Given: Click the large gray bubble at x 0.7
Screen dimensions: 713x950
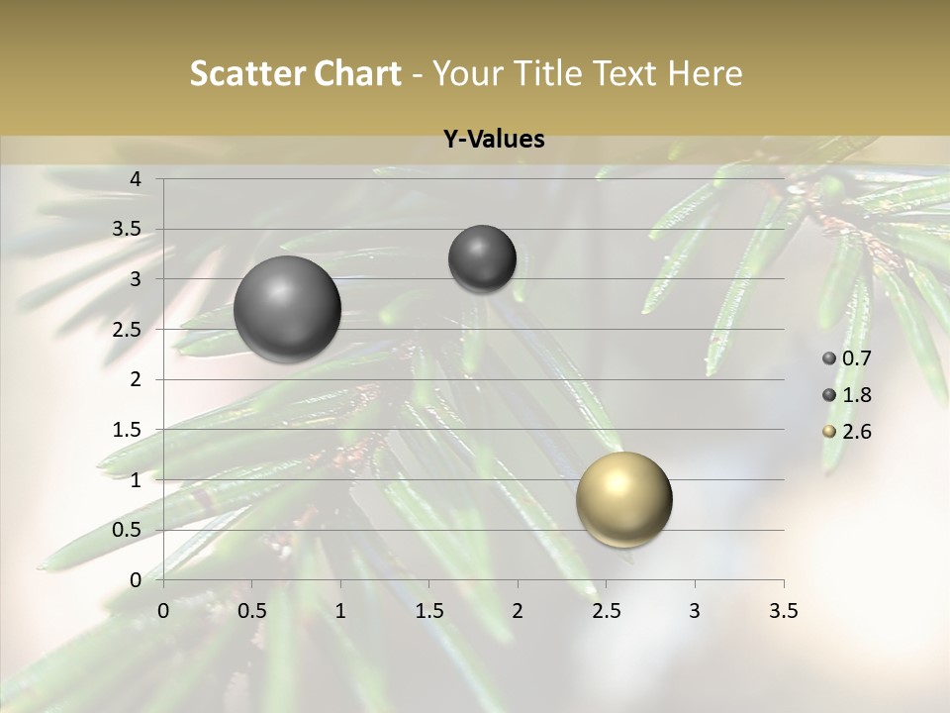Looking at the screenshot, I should (287, 309).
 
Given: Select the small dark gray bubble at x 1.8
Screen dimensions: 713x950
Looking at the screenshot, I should (482, 258).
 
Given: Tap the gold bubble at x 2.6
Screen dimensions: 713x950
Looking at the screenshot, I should (623, 499).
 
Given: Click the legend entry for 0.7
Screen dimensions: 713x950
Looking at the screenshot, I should (847, 358).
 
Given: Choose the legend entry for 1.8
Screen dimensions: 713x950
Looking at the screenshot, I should (847, 395).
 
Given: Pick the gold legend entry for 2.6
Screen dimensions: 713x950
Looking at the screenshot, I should (847, 432).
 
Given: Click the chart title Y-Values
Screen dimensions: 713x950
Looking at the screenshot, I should (494, 140).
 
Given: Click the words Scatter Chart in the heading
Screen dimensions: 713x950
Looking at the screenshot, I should (296, 73).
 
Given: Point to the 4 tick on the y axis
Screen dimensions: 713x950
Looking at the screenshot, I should (137, 179).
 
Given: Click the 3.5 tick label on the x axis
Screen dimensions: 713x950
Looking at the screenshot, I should (783, 611).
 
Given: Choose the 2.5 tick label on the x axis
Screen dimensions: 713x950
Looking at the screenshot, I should (606, 611).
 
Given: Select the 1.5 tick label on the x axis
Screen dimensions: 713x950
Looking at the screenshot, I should (428, 611).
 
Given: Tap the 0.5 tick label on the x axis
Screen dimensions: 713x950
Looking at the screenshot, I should (251, 611).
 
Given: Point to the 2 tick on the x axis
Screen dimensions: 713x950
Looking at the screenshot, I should (518, 611).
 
